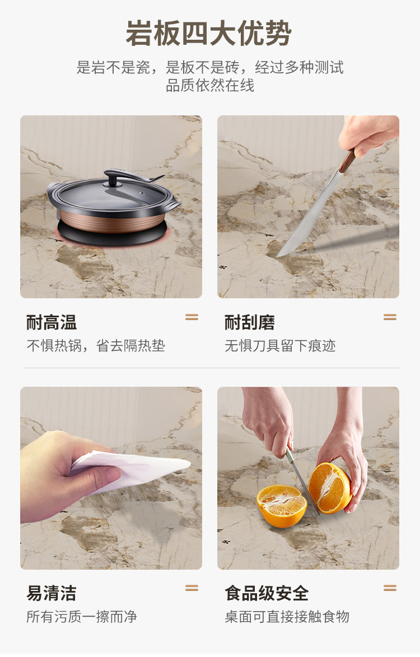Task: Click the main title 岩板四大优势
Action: pos(209,33)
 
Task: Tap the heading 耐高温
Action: pos(52,323)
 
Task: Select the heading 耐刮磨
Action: pos(250,323)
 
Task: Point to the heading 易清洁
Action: pos(52,593)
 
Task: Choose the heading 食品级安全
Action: pos(267,593)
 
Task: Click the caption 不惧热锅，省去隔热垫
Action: pos(96,346)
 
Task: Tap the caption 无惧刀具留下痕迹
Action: pos(280,346)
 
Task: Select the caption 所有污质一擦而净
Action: pos(82,616)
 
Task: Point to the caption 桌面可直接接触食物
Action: pos(287,616)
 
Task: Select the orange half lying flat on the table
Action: pos(282,505)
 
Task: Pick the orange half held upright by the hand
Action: pos(329,488)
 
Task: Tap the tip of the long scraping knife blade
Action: pos(278,255)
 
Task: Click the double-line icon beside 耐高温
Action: pos(192,317)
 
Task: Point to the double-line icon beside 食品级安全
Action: pos(390,588)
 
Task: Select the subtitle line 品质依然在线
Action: pos(210,86)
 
